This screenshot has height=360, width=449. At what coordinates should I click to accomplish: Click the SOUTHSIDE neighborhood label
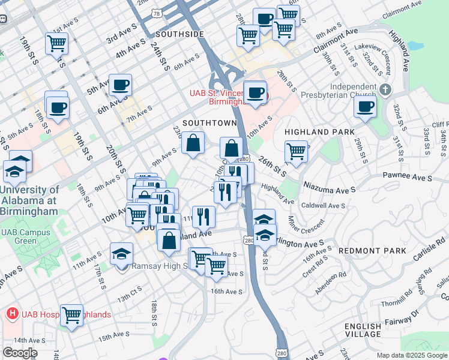click(x=179, y=35)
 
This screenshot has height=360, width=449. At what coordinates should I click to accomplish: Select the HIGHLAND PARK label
click(x=316, y=132)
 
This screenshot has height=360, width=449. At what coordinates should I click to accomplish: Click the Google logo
click(x=20, y=353)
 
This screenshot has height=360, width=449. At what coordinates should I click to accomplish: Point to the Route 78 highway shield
click(x=157, y=13)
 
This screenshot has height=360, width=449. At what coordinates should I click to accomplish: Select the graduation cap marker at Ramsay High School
click(x=122, y=253)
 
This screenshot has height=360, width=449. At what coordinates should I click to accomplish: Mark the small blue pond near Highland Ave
click(x=414, y=46)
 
